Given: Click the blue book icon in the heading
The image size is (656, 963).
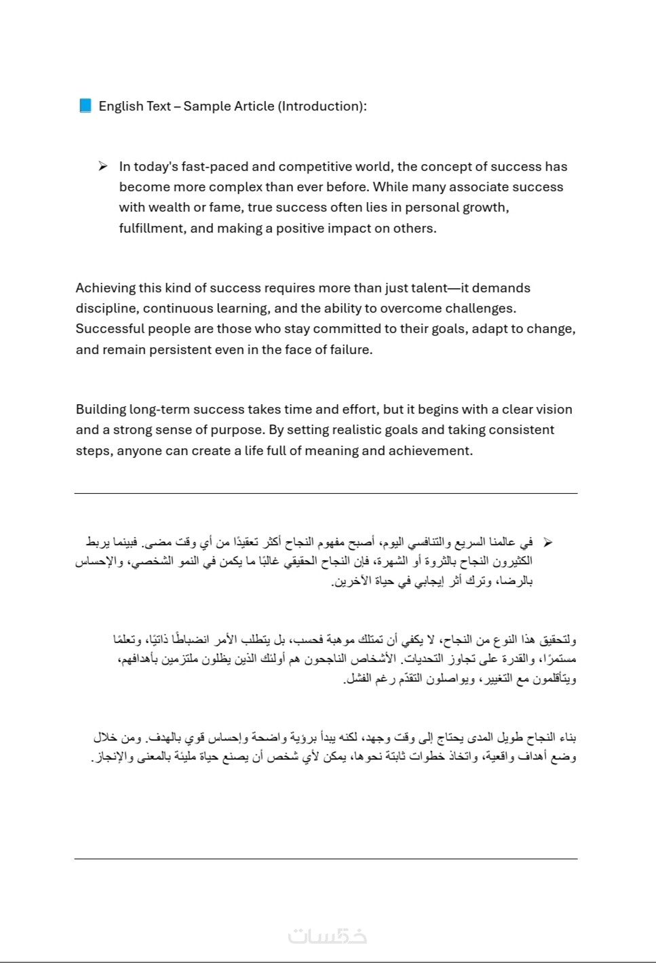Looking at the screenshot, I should [x=85, y=106].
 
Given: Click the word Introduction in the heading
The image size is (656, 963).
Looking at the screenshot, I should [x=322, y=106].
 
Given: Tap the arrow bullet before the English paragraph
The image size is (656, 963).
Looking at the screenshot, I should [x=102, y=166].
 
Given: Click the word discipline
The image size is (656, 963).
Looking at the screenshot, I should [x=107, y=308].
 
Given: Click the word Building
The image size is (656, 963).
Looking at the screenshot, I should [x=100, y=409].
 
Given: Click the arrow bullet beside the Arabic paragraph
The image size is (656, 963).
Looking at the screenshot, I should [x=547, y=542].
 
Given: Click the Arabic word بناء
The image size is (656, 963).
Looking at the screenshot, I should [x=565, y=737].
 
